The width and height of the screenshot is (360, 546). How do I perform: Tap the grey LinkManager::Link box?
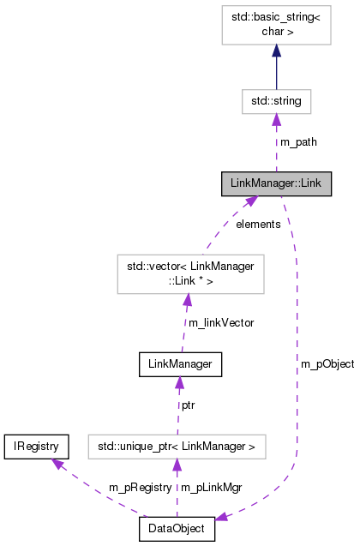276,183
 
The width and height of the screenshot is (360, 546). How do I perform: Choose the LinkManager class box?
181,363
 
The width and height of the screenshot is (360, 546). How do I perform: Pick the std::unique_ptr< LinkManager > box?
177,446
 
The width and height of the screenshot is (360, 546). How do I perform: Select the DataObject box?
177,529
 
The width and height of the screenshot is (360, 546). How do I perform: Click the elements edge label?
258,224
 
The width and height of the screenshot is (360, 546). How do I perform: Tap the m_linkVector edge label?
220,322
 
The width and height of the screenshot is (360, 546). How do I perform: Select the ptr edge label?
187,404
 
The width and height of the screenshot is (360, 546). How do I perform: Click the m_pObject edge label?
327,363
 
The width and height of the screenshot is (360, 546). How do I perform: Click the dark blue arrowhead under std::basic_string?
276,51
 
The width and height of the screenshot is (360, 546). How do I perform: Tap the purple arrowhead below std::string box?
276,122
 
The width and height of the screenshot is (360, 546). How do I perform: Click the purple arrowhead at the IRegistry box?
57,463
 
